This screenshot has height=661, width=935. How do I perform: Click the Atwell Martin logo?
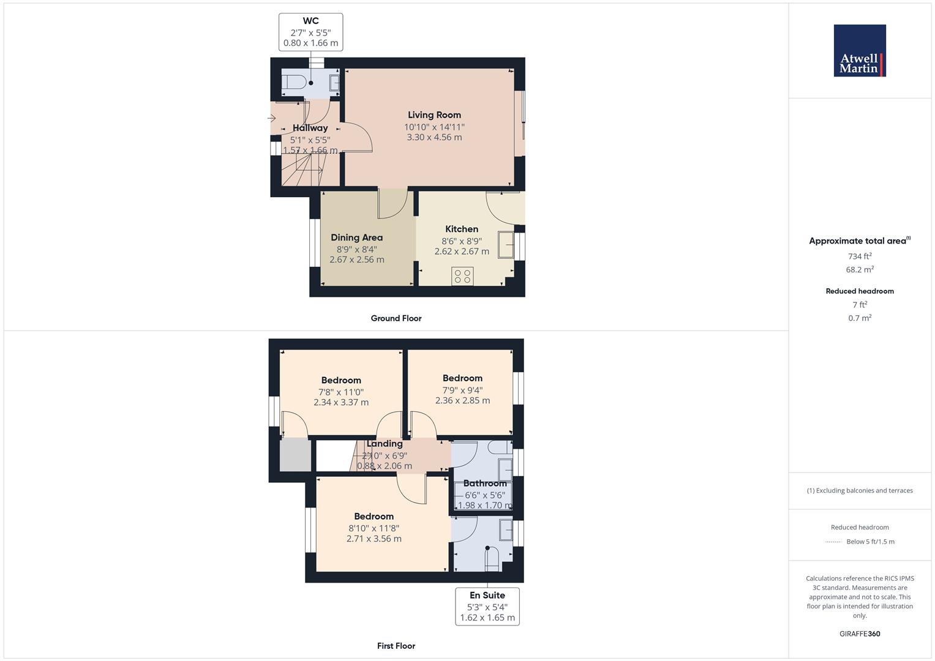pyautogui.click(x=860, y=50)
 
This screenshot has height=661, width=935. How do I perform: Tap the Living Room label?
pyautogui.click(x=434, y=115)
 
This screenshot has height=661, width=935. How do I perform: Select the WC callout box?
pyautogui.click(x=310, y=32)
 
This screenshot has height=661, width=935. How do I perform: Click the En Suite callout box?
pyautogui.click(x=487, y=607)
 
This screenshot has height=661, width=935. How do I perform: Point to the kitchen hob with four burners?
pyautogui.click(x=462, y=276)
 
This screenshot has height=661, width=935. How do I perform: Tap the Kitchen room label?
pyautogui.click(x=462, y=229)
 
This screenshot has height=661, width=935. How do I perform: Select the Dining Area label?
pyautogui.click(x=356, y=237)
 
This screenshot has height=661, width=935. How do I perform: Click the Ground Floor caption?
pyautogui.click(x=396, y=318)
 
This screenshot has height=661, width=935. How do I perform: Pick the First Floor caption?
pyautogui.click(x=396, y=646)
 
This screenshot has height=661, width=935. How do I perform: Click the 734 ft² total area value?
pyautogui.click(x=860, y=256)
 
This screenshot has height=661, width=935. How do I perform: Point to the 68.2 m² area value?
pyautogui.click(x=860, y=269)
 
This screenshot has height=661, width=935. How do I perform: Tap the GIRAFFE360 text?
pyautogui.click(x=860, y=634)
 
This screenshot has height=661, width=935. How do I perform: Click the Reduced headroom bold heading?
pyautogui.click(x=860, y=291)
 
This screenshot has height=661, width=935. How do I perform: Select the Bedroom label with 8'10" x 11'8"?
pyautogui.click(x=374, y=516)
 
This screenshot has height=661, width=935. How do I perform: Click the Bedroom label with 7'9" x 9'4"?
pyautogui.click(x=462, y=378)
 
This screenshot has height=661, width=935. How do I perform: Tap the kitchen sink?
pyautogui.click(x=506, y=245)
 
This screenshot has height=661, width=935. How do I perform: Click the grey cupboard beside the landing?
pyautogui.click(x=295, y=454)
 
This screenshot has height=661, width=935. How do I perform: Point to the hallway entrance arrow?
pyautogui.click(x=271, y=118)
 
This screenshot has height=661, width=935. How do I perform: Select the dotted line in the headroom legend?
pyautogui.click(x=833, y=542)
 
